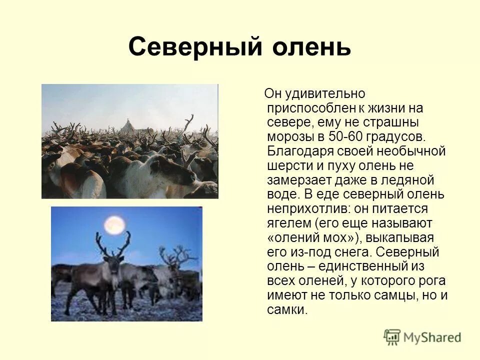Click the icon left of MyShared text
pyautogui.click(x=392, y=337)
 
